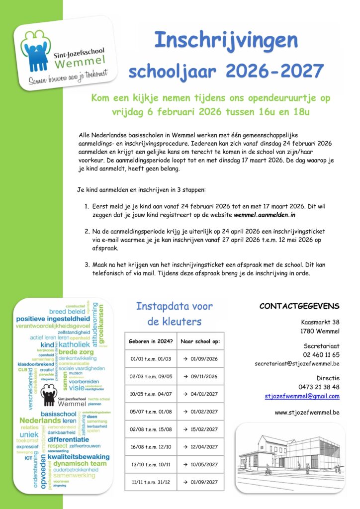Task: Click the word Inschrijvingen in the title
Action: coord(226,40)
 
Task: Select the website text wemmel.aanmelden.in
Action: coord(265,215)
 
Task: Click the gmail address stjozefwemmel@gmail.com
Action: coord(302,396)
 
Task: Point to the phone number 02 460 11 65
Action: coord(321,355)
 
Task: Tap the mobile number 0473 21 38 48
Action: coord(319,387)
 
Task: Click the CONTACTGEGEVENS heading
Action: coord(299,306)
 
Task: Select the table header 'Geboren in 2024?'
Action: coord(151,341)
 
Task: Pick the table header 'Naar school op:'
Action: coord(200,341)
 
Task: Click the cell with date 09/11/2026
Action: coord(200,376)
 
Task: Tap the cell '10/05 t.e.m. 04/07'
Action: coord(151,394)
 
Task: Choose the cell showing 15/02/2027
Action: coord(200,429)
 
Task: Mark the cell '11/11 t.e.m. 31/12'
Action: coord(151,482)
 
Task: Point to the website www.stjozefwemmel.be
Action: coord(307,412)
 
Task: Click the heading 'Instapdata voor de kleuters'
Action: coord(175,314)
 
